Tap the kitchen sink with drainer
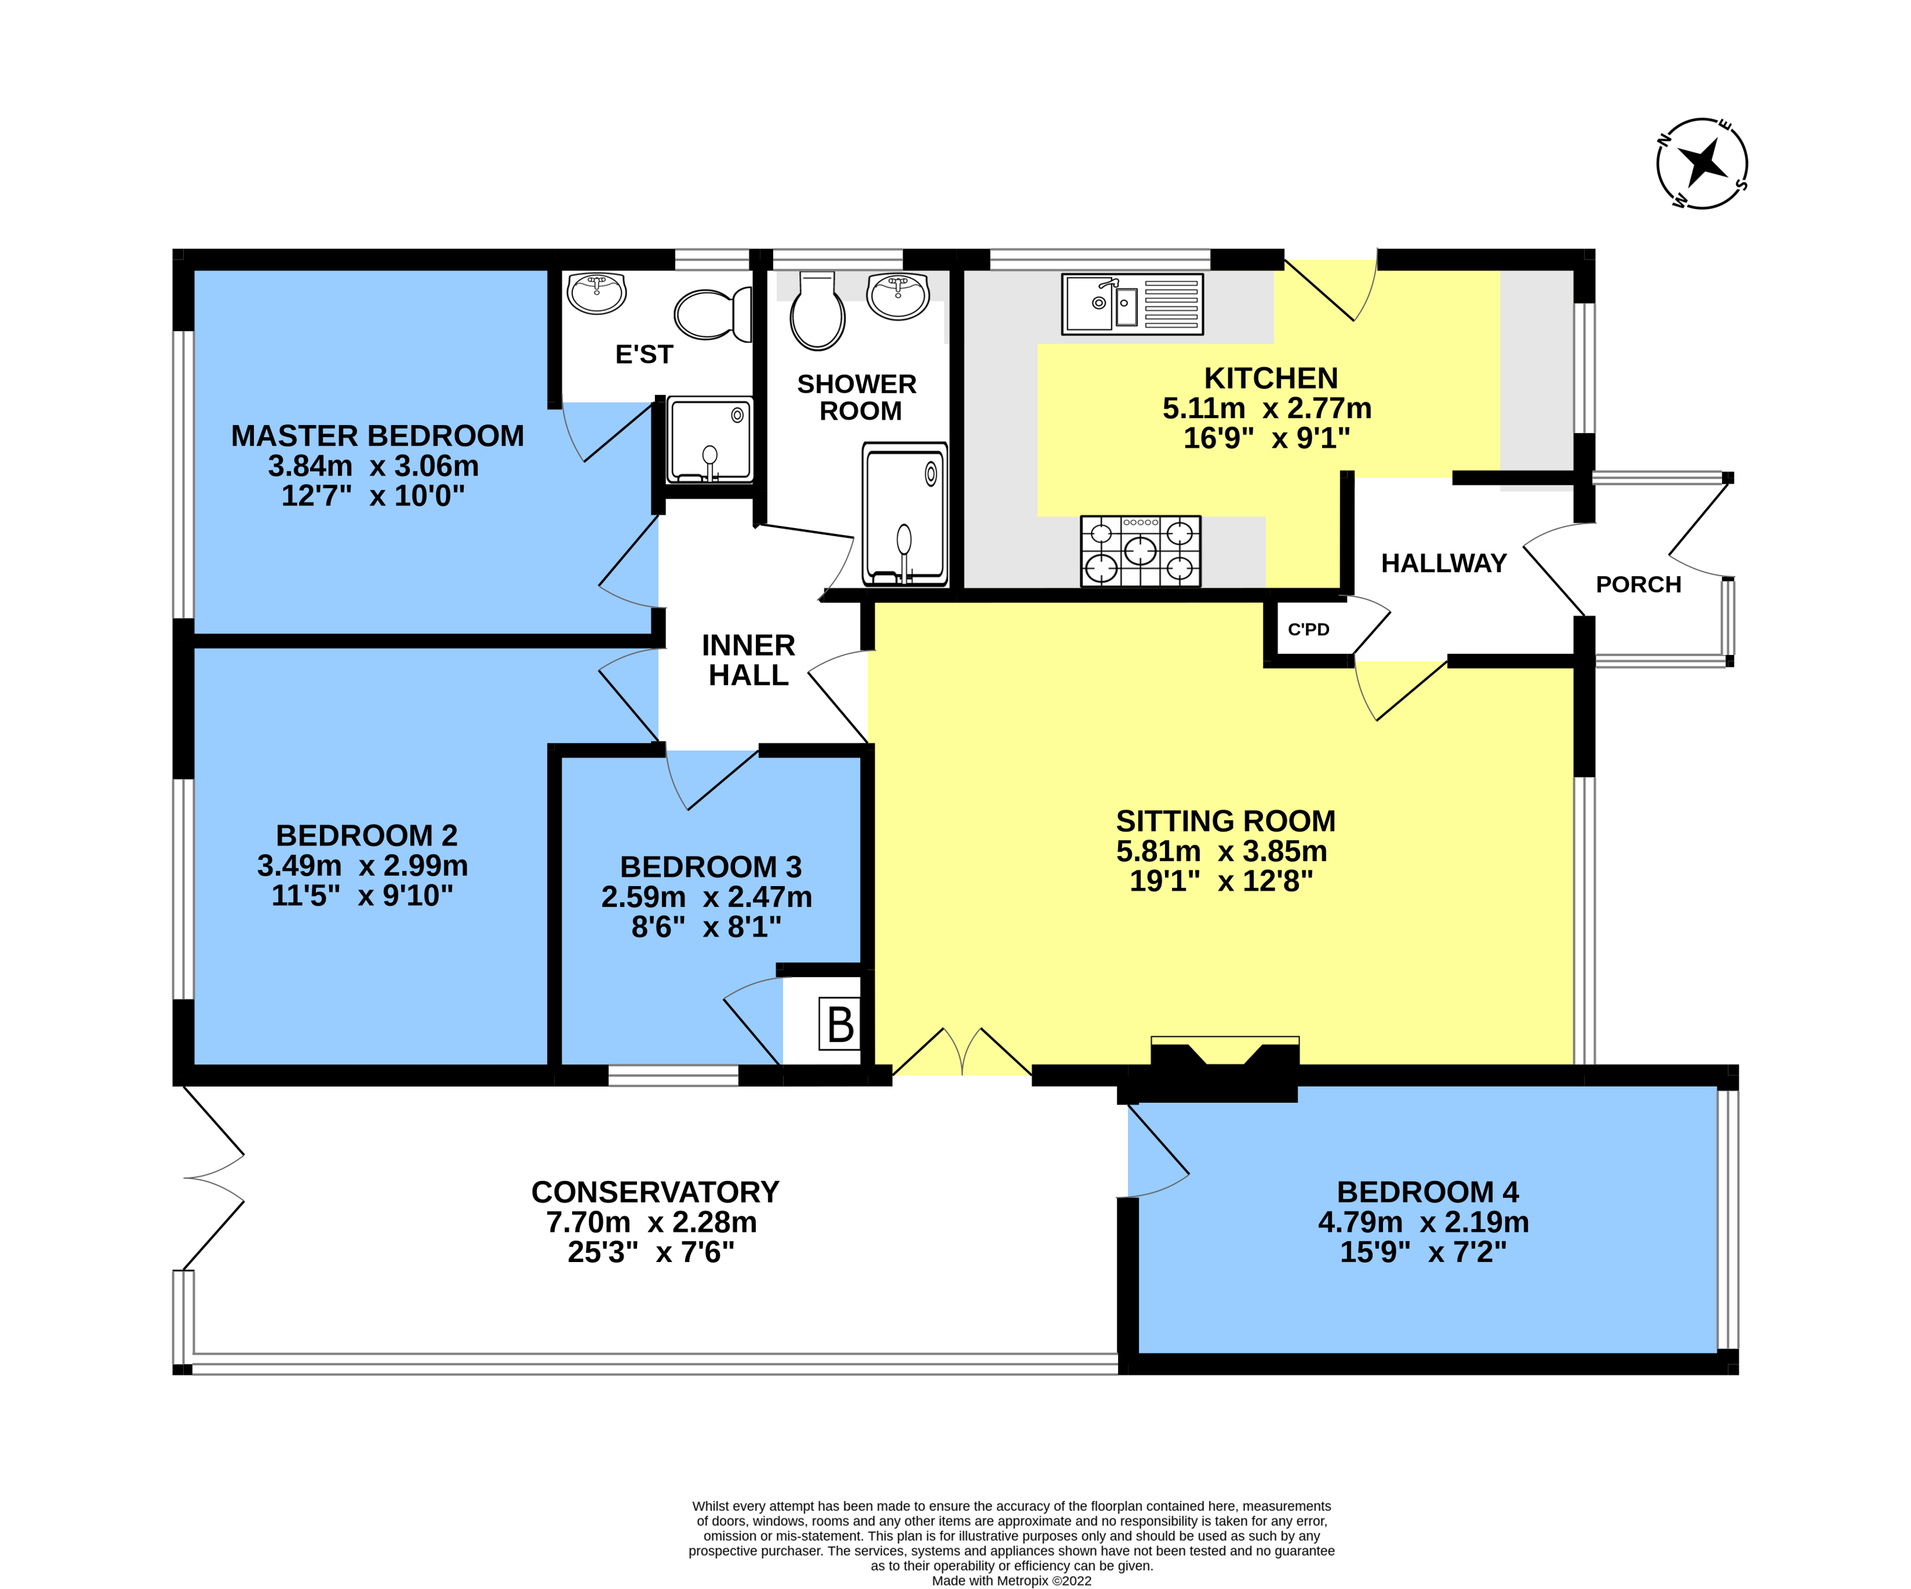click(x=1132, y=304)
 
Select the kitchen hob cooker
click(x=1140, y=550)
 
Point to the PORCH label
click(x=1638, y=584)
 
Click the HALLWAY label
click(x=1443, y=563)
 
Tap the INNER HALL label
click(x=748, y=660)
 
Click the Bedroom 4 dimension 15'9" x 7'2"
click(x=1422, y=1251)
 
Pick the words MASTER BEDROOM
click(x=377, y=436)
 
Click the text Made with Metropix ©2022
click(x=1011, y=1581)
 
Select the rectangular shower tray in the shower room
click(x=905, y=514)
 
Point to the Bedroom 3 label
click(x=710, y=866)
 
